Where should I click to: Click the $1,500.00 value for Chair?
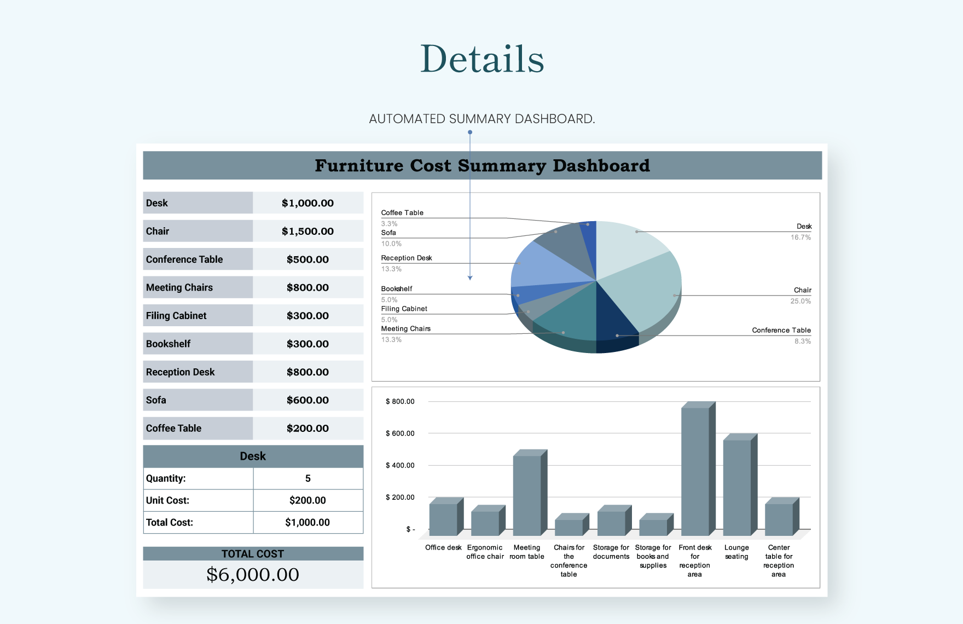point(308,231)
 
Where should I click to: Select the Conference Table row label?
point(184,259)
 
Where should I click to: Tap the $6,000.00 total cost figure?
point(253,574)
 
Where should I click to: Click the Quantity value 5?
point(308,478)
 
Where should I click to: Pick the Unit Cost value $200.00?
point(308,500)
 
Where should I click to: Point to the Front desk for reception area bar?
point(695,471)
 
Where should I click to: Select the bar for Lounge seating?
point(737,487)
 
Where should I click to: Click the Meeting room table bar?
point(527,495)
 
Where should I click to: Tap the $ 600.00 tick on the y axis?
point(400,434)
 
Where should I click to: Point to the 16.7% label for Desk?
point(800,238)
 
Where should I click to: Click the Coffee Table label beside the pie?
point(402,213)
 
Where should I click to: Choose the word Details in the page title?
point(482,59)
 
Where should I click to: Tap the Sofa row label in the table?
point(156,400)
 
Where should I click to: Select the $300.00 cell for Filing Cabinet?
point(308,316)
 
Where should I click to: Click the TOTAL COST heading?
point(253,554)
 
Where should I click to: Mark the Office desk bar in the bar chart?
point(443,519)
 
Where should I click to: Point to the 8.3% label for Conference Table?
point(803,342)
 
